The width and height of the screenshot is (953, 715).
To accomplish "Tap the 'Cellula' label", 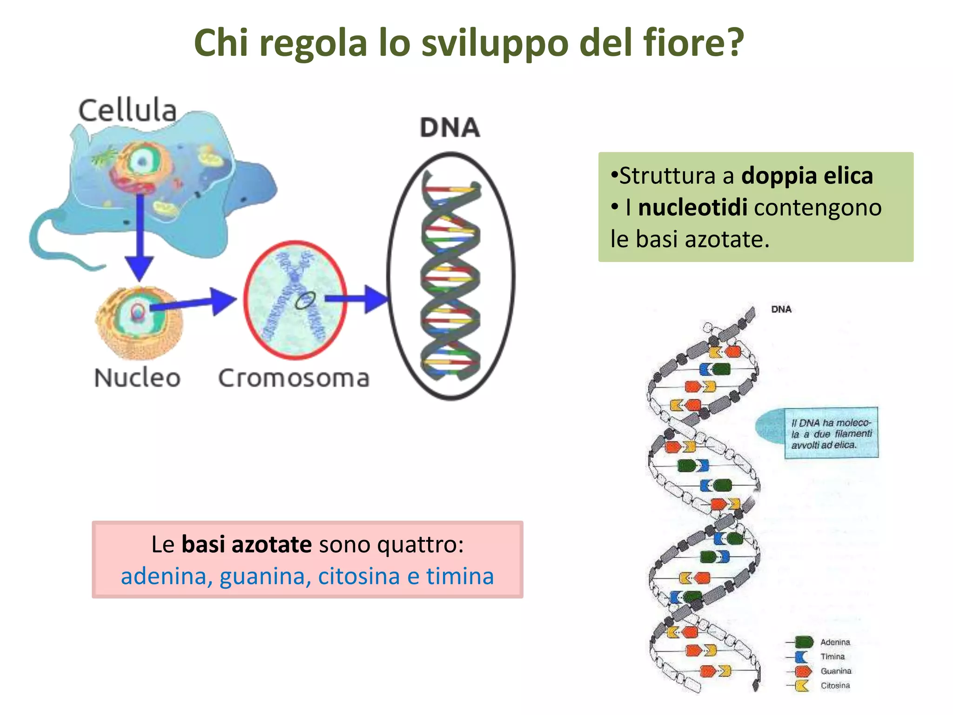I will tap(128, 111).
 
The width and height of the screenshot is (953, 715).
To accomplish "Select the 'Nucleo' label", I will tap(137, 378).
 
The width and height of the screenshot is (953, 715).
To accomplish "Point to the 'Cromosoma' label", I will tap(294, 378).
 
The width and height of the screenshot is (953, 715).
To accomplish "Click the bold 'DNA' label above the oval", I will tap(450, 128).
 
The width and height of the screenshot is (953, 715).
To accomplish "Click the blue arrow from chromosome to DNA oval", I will tap(356, 299).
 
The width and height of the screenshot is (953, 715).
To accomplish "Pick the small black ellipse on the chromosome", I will tap(305, 301).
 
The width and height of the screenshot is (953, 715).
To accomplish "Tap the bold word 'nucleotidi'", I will tap(692, 208).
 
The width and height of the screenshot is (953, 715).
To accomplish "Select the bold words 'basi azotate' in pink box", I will tap(246, 544).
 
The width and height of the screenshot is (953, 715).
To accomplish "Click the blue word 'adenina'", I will tap(163, 576).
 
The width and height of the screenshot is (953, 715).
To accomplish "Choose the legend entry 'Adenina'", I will tap(835, 642).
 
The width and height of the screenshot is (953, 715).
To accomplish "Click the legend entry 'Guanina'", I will tap(836, 671).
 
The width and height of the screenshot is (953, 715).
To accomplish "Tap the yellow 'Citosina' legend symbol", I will tap(802, 686).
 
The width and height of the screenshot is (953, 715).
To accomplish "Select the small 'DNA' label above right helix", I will tap(781, 310).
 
